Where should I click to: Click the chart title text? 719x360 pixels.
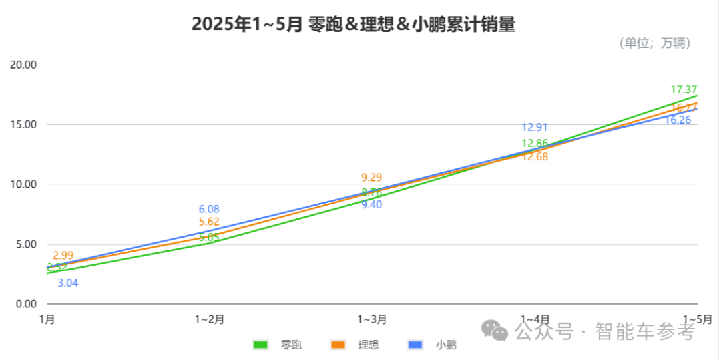click(354, 25)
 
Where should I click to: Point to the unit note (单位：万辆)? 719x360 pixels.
click(654, 43)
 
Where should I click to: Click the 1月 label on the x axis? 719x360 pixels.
click(47, 319)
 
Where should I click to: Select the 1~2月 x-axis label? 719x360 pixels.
click(209, 319)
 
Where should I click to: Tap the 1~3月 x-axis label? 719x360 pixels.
click(372, 319)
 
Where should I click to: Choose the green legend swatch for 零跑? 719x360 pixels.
click(260, 345)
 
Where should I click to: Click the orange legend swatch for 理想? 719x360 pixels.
click(339, 345)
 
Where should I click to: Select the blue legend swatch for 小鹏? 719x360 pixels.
click(416, 345)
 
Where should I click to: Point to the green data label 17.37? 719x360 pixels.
click(684, 90)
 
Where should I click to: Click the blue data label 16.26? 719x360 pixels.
click(678, 120)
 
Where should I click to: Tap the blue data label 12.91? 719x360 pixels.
click(535, 128)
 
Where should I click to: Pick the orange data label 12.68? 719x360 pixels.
click(535, 157)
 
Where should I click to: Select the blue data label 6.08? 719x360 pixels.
click(209, 210)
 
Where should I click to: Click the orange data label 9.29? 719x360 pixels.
click(372, 178)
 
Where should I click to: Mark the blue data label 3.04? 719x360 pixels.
click(68, 283)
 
